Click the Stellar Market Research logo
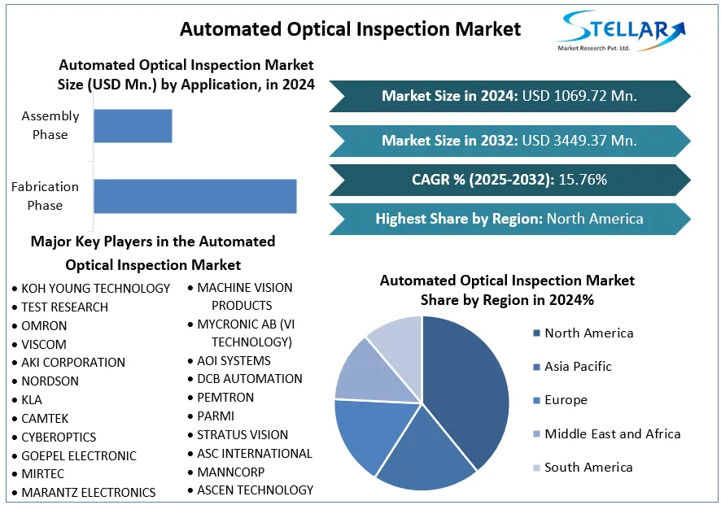619,33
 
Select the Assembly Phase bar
133,125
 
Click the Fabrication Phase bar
194,196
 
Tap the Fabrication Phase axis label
45,196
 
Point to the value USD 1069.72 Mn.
579,96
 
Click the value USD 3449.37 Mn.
579,141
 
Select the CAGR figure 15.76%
582,180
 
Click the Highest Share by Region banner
509,219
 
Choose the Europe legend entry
566,400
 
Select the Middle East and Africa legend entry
612,433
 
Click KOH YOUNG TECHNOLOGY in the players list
95,288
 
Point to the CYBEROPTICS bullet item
59,437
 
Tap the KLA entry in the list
32,399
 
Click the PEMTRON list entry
225,397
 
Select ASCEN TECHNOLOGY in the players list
255,490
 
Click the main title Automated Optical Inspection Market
350,29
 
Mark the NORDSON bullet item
50,381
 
